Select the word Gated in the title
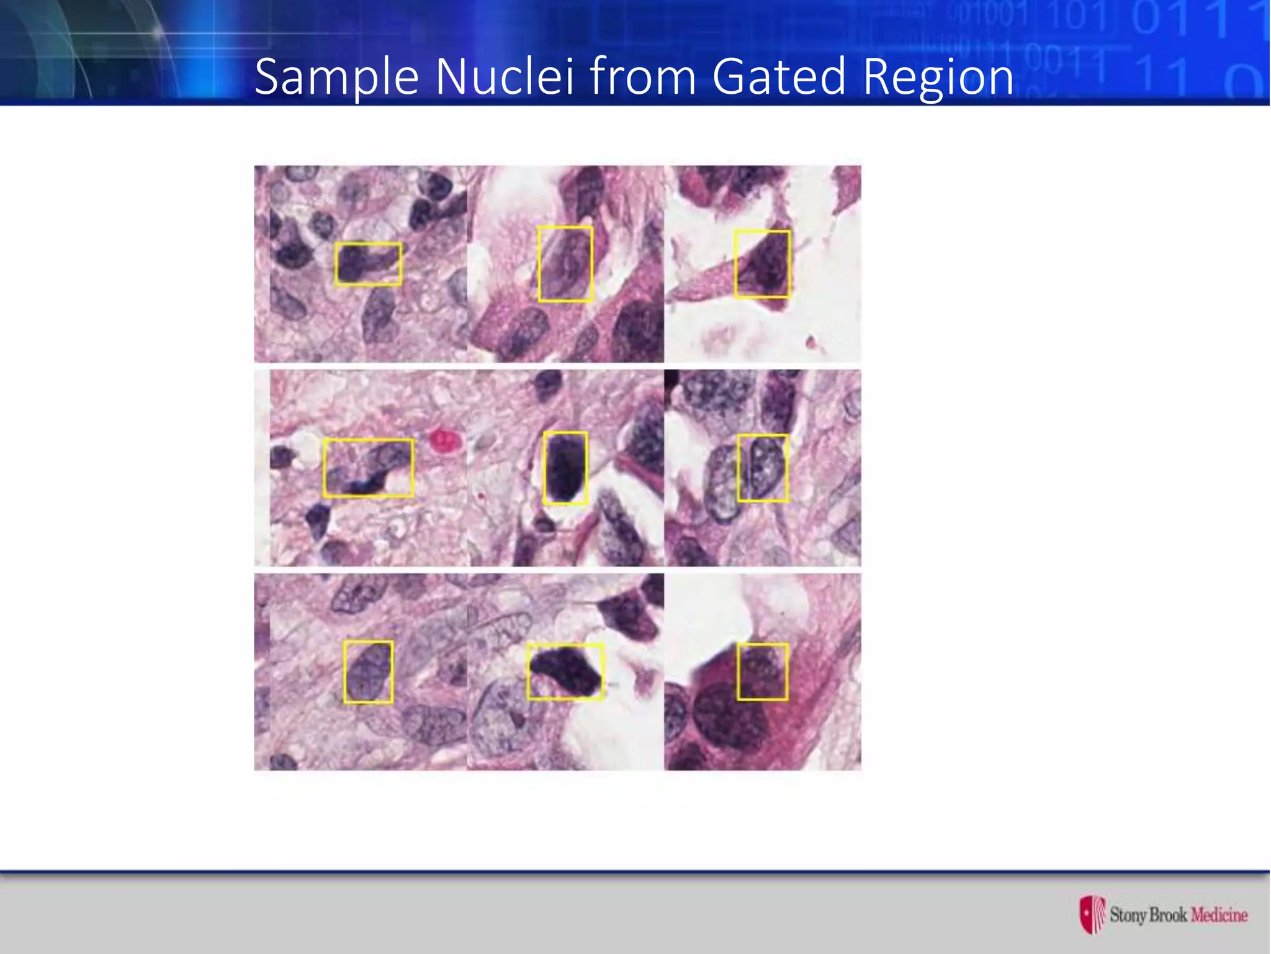779,76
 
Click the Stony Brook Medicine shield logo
1092,914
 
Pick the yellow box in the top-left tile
368,264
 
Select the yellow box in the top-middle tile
565,264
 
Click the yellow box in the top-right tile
762,264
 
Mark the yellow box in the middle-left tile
368,468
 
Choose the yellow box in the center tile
565,468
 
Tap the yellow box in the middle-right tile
763,468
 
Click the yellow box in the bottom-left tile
368,672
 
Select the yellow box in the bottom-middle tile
565,671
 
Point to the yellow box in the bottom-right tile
763,672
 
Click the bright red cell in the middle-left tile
444,440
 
